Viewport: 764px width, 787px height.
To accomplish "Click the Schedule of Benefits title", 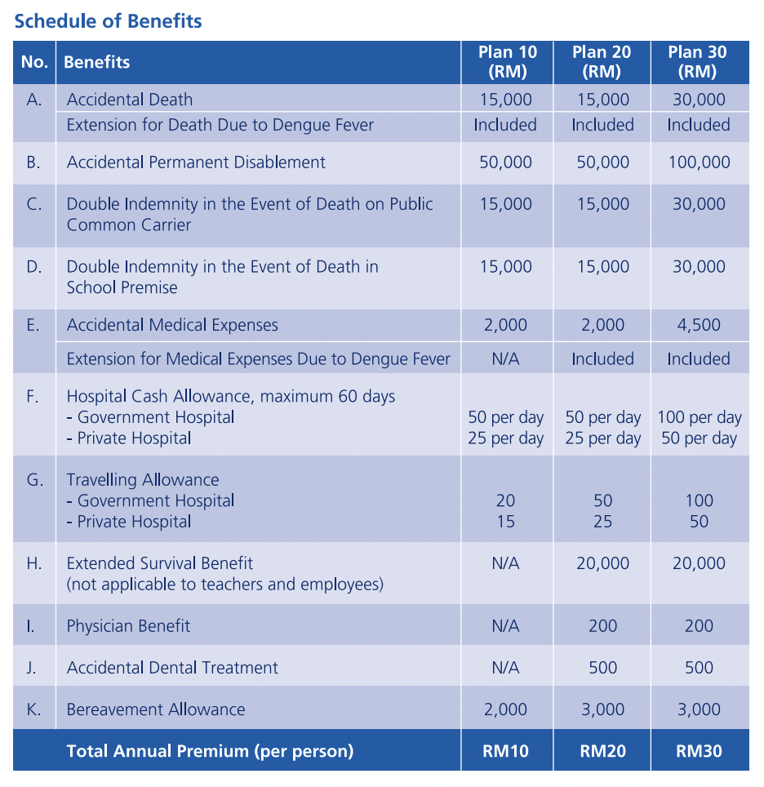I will point(108,21).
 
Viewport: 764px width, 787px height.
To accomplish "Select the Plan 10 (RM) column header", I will point(507,62).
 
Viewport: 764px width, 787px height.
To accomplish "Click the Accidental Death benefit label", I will point(130,100).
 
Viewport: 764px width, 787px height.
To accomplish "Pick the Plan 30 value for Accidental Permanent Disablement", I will point(699,162).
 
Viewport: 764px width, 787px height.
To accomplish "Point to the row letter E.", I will point(33,325).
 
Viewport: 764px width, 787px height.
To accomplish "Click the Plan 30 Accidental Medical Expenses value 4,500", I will point(699,325).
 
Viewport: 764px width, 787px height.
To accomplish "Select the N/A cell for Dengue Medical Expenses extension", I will point(506,359).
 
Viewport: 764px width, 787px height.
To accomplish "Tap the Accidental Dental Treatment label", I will point(172,668).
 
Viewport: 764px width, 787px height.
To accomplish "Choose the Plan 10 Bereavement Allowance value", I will point(506,709).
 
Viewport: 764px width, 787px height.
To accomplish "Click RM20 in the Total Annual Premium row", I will point(602,751).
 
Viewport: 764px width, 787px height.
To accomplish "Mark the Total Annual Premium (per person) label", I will point(210,751).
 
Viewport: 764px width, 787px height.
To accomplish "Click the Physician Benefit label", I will point(128,626).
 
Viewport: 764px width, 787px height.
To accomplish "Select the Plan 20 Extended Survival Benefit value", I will point(602,563).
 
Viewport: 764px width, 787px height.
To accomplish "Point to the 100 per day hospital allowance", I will point(700,418).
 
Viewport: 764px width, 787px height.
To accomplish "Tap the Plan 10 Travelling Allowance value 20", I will point(506,501).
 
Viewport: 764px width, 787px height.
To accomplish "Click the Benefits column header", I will point(97,62).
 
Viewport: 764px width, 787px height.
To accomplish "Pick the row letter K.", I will point(33,709).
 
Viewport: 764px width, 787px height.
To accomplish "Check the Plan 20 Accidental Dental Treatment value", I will point(602,668).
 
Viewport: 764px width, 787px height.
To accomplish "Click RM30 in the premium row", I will point(699,751).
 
